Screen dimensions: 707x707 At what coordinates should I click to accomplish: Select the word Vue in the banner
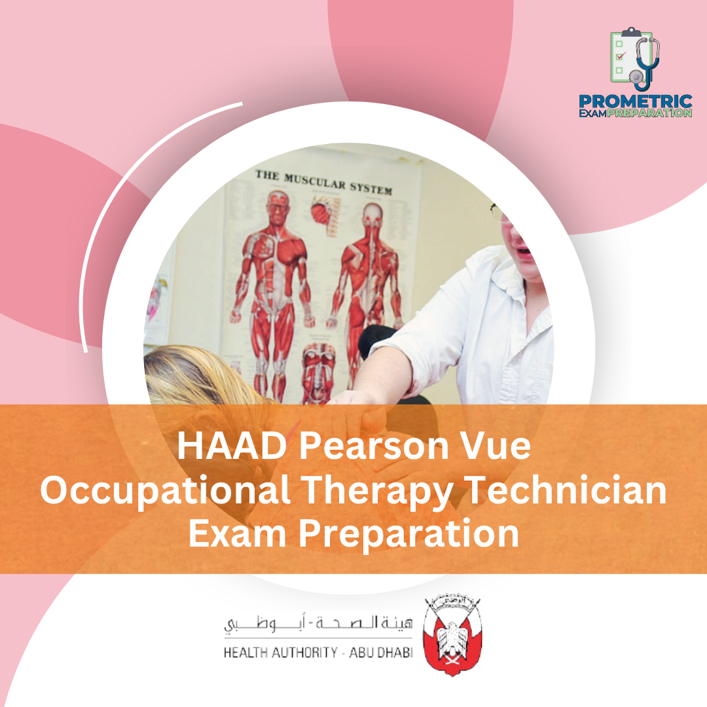coord(490,448)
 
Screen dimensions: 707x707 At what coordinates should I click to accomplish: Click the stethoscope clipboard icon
coord(634,59)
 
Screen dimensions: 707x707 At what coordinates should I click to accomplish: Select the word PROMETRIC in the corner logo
coord(635,102)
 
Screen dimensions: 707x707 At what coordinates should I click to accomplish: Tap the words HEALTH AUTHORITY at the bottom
coord(280,653)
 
